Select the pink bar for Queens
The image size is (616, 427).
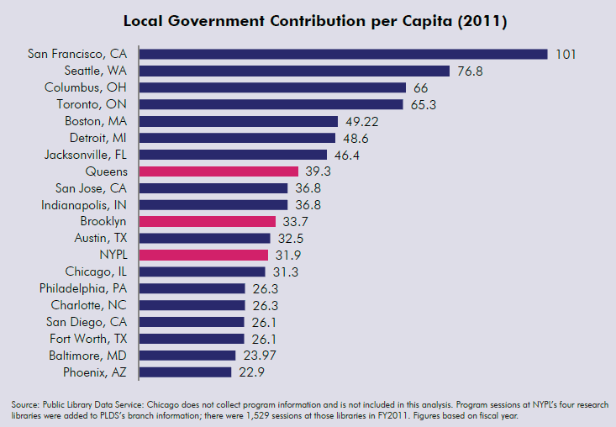(218, 171)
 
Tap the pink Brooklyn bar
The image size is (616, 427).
(208, 221)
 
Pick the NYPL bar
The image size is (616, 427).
(204, 255)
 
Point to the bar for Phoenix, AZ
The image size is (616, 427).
(185, 372)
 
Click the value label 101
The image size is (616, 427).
(566, 54)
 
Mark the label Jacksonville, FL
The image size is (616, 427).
(85, 155)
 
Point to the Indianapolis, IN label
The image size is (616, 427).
(84, 204)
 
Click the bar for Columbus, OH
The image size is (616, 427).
(273, 87)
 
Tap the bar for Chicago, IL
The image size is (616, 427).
(203, 271)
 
